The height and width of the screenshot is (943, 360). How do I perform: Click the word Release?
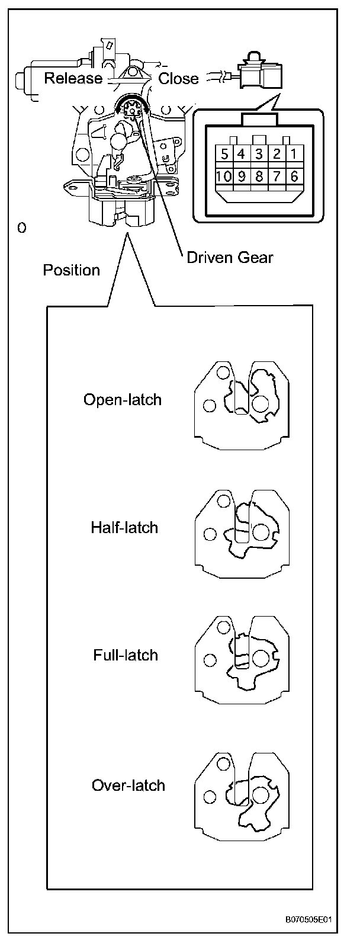tap(73, 78)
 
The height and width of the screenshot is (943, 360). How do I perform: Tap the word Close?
tap(179, 78)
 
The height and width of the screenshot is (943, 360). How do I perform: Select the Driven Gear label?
tap(230, 257)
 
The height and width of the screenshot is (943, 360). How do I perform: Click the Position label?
tap(71, 271)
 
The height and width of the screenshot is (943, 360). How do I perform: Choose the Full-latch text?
tap(126, 655)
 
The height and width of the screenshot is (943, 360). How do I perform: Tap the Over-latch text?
tap(128, 785)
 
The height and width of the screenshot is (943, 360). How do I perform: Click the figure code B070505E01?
tap(307, 920)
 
